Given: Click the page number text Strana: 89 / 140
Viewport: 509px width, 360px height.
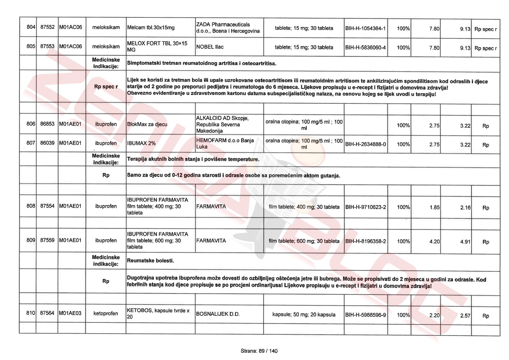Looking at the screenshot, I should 259,351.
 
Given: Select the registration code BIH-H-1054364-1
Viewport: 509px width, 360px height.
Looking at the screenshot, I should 365,28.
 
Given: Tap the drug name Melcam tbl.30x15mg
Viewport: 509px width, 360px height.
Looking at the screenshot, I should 151,28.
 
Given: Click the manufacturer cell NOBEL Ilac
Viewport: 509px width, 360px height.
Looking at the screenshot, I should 210,47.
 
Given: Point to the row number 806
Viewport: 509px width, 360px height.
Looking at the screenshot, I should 31,124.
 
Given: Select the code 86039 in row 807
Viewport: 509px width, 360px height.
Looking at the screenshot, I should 47,143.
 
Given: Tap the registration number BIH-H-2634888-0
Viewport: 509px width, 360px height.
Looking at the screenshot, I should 365,144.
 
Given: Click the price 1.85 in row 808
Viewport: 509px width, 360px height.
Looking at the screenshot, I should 434,207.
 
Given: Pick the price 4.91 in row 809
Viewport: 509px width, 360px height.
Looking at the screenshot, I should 465,242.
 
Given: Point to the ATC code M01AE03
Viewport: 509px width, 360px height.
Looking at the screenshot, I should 70,313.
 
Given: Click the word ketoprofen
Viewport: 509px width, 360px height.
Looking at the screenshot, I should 106,313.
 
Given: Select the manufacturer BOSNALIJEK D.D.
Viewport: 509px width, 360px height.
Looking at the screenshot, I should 218,314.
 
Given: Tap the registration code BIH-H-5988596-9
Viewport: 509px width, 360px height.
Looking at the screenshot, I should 365,315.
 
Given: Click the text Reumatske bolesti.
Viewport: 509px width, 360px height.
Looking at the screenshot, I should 150,261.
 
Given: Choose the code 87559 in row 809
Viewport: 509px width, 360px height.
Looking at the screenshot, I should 47,240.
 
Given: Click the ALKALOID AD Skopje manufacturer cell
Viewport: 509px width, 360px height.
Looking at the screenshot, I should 222,124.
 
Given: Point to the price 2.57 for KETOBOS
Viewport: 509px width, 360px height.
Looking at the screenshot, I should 465,316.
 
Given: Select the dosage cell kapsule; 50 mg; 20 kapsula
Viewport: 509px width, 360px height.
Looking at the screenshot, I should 304,314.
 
